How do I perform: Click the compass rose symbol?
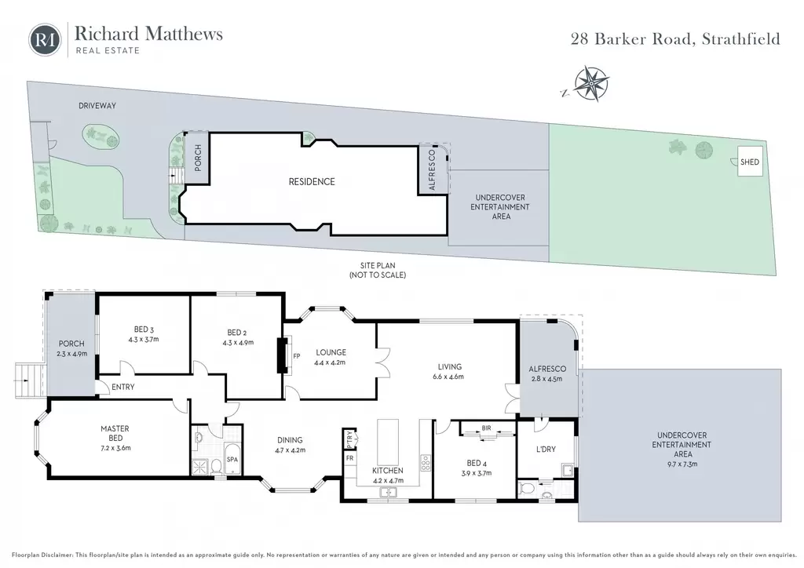point(591,83)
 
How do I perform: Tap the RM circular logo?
point(45,39)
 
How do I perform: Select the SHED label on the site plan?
point(750,162)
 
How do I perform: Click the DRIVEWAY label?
point(97,105)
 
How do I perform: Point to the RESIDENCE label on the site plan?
point(312,181)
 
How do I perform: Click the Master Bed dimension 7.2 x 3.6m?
point(115,448)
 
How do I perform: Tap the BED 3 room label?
point(144,330)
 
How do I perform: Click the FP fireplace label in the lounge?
point(296,356)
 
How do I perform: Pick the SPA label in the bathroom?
point(232,460)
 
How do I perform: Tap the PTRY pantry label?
point(349,439)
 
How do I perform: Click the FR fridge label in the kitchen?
point(349,458)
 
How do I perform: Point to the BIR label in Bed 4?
point(487,428)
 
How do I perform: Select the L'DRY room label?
point(546,450)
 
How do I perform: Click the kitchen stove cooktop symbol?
point(426,463)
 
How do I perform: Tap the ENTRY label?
point(123,387)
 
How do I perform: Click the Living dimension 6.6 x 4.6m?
point(448,377)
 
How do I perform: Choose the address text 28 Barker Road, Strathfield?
point(675,39)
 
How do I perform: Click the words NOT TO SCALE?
point(378,275)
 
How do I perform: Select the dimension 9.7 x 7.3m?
point(682,464)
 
